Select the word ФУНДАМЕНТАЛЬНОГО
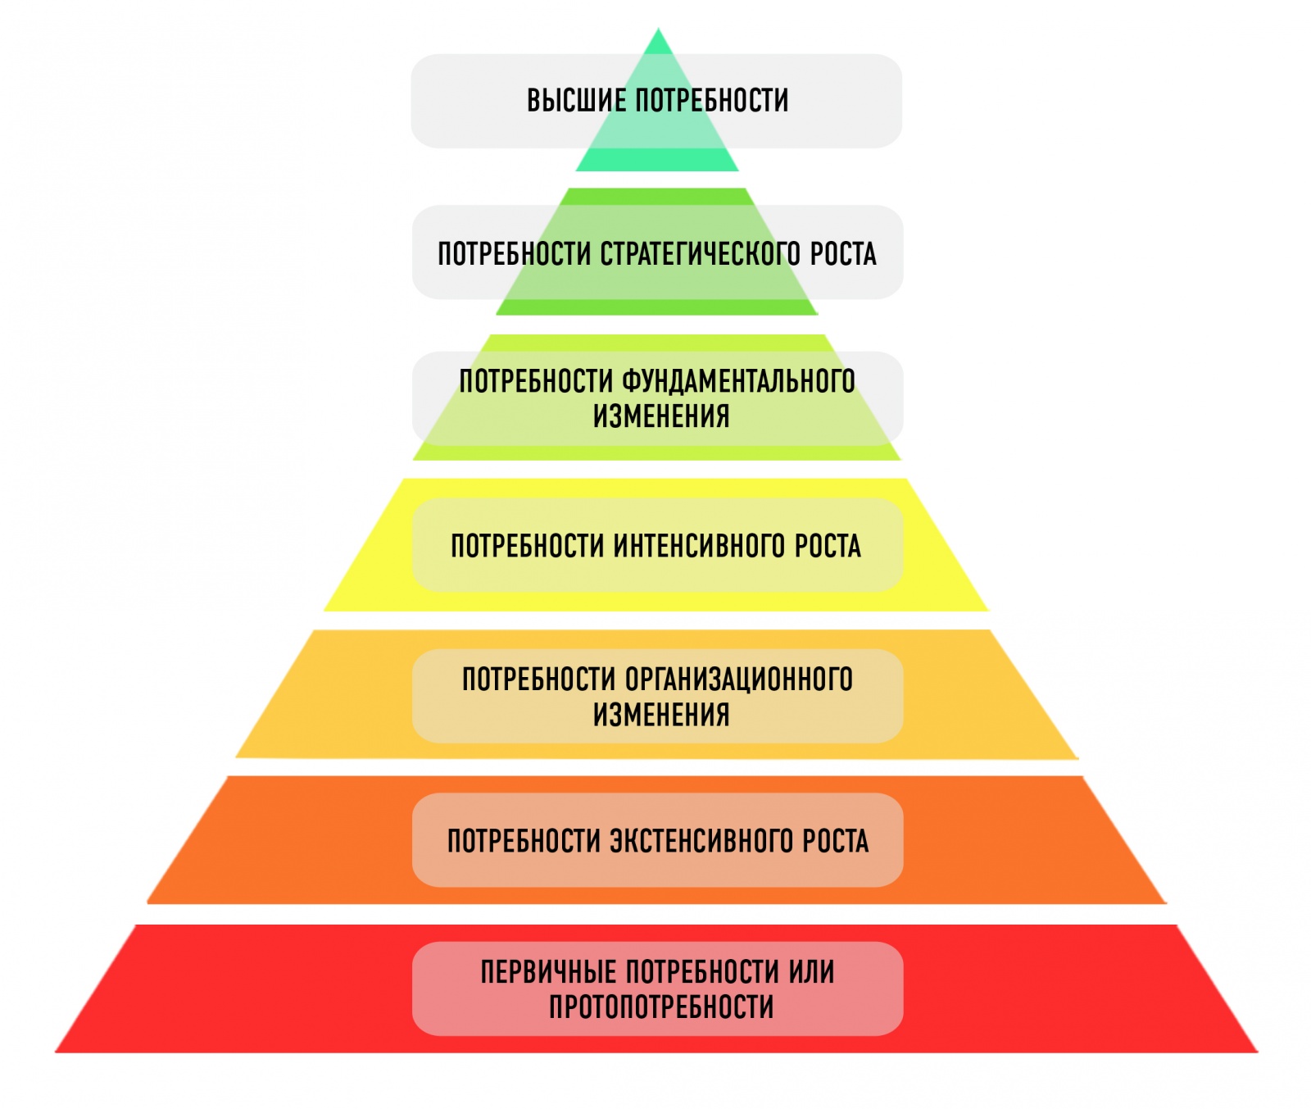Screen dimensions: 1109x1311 [x=738, y=381]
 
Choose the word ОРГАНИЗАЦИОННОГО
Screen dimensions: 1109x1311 [x=738, y=679]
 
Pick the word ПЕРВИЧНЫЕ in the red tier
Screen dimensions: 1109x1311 [x=548, y=972]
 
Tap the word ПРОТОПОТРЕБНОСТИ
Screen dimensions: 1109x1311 [x=661, y=1007]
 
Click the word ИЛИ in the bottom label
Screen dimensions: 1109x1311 [x=811, y=972]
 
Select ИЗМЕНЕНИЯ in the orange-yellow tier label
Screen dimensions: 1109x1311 [x=661, y=715]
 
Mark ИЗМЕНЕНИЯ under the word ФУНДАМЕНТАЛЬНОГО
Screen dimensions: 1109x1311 [x=661, y=416]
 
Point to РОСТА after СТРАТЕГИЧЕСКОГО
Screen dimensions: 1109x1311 [x=843, y=254]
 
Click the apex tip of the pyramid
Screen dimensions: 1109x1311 [x=658, y=30]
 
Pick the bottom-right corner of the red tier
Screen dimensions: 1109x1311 [x=1256, y=1051]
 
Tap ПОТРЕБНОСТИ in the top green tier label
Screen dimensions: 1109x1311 [x=712, y=101]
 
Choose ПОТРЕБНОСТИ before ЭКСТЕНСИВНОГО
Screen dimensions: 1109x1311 [x=524, y=841]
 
